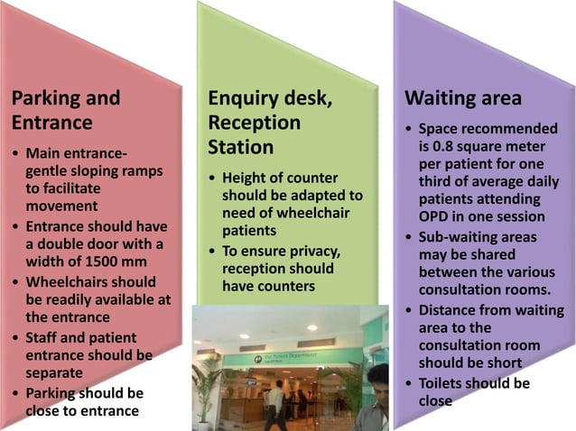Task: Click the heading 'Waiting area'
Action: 463,97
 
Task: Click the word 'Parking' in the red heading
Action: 45,97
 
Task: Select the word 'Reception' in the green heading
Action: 254,122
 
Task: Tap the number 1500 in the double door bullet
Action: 120,262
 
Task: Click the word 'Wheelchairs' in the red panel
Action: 68,281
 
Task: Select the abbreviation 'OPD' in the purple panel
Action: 434,216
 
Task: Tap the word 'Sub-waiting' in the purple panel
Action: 460,236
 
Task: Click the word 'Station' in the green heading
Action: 240,145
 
